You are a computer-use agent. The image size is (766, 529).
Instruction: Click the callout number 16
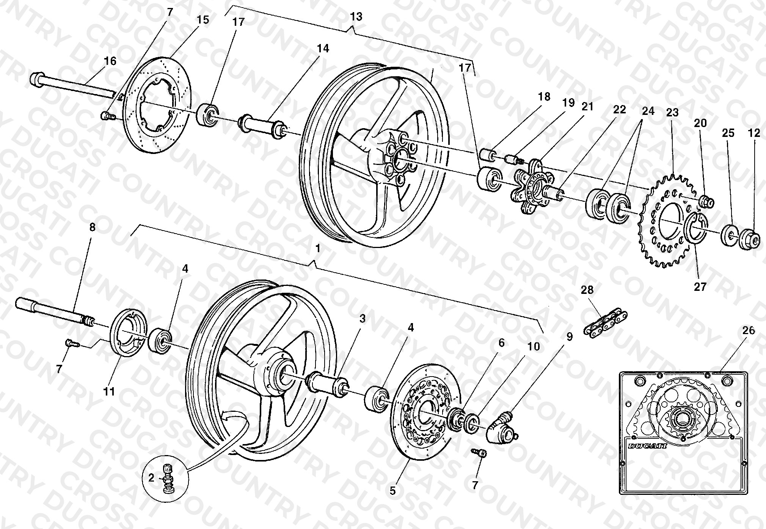coord(110,61)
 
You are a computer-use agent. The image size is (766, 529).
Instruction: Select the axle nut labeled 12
coord(749,239)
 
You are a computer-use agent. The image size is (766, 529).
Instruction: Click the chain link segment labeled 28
coord(606,321)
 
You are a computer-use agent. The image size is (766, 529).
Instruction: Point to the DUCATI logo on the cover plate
coord(647,446)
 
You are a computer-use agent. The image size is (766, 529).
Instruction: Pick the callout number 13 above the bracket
coord(356,16)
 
